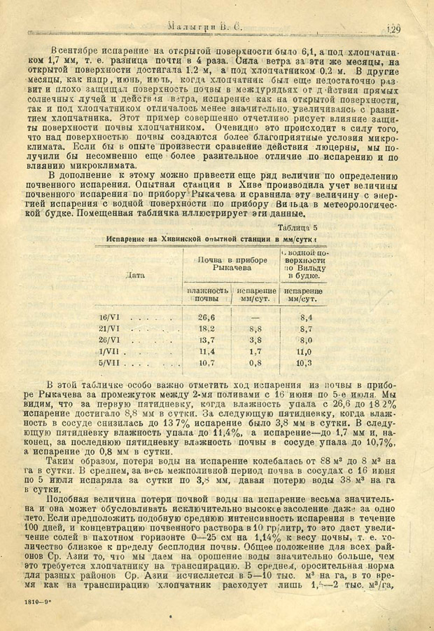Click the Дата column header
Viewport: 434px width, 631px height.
pos(136,275)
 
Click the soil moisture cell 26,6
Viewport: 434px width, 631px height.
pos(206,317)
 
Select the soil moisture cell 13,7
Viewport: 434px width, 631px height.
pos(206,340)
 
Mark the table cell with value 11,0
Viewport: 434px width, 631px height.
pos(303,351)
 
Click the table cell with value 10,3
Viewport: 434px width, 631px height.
pos(303,363)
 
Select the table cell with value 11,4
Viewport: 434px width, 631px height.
pos(206,351)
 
